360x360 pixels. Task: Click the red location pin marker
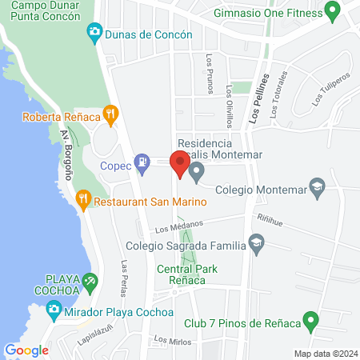tap(180, 164)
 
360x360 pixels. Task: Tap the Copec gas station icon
tap(142, 162)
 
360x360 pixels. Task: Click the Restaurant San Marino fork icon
tap(83, 198)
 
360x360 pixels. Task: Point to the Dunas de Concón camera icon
tap(94, 33)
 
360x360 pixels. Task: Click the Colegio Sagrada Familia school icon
tap(256, 242)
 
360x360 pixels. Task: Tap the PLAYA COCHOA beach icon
tap(90, 282)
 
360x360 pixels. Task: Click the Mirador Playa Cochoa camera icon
tap(54, 309)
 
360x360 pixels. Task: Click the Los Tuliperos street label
tap(332, 88)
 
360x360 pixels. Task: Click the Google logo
tap(26, 350)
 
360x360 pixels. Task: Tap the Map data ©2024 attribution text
tap(324, 354)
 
